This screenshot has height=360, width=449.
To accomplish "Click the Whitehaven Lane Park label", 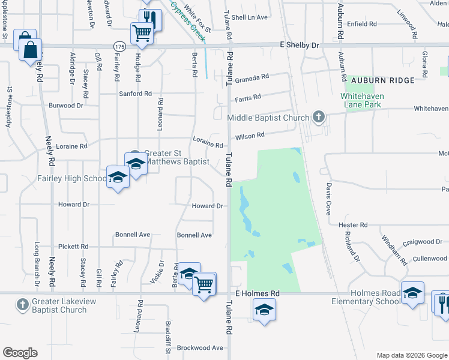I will (x=363, y=100).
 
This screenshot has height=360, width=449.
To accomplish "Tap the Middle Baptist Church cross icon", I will (x=319, y=118).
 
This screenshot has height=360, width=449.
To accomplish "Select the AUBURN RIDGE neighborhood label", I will (x=383, y=80).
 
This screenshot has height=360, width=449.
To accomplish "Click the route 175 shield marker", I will (x=119, y=46).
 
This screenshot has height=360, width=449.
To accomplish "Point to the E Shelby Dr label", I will (x=300, y=45).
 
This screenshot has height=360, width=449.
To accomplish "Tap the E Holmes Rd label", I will (x=258, y=293).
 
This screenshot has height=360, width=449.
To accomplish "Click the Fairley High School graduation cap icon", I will (x=118, y=177).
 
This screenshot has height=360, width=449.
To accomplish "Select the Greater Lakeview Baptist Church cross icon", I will (x=23, y=305).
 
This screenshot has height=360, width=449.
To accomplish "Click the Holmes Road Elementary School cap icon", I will (x=412, y=293).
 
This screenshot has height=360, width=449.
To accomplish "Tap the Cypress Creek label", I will (x=188, y=21).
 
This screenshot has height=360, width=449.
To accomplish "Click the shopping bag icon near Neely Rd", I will (x=30, y=50).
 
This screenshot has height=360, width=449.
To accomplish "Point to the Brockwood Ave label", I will (x=200, y=347).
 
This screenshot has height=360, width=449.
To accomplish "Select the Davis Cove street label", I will (x=328, y=199).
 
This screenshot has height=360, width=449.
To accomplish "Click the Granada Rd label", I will (x=252, y=78).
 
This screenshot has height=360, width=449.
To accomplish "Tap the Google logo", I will (x=20, y=353).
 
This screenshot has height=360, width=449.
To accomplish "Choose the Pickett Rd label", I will (x=73, y=247).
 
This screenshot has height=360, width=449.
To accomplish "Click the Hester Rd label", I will (x=352, y=224).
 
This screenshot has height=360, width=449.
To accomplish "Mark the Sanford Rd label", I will (x=135, y=94).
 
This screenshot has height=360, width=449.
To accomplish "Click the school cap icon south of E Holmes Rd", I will (x=264, y=310).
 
